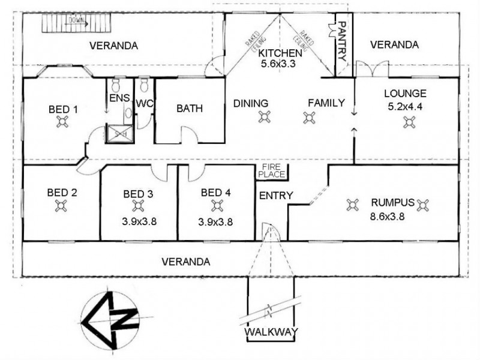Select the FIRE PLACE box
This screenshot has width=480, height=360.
[x=274, y=171]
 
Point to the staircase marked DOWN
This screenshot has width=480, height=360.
[x=74, y=25]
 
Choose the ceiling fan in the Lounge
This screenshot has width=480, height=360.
[x=410, y=122]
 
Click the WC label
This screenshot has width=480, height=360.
[x=145, y=103]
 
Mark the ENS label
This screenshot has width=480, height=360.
[x=116, y=98]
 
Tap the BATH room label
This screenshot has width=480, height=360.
[x=189, y=109]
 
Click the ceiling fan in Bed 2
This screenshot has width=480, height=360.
[x=61, y=205]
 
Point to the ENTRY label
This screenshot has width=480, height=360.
[x=275, y=196]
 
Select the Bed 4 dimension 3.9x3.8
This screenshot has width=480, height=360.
[x=215, y=221]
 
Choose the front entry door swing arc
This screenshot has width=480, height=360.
[x=269, y=232]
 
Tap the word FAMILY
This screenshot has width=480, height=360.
[x=326, y=103]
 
